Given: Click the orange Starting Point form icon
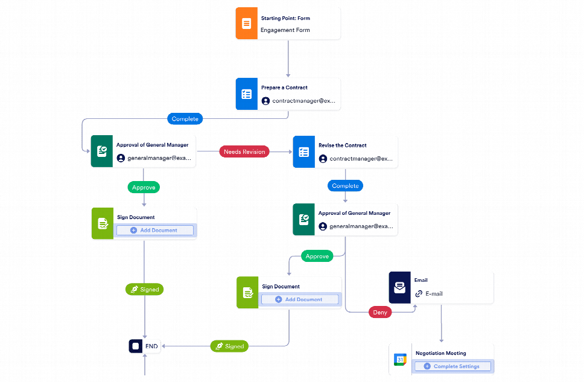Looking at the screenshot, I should [246, 24].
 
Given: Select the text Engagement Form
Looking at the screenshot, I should [285, 30].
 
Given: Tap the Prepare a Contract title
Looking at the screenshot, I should [284, 88].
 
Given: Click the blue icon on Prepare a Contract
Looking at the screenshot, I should [246, 94].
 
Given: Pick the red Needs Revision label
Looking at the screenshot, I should [244, 152].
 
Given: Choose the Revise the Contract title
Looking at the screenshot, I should [342, 145].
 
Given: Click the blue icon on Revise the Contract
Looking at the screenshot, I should [303, 152].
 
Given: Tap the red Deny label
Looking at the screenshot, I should [381, 313].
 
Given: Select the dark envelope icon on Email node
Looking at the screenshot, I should [399, 288].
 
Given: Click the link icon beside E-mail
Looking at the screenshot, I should [419, 294].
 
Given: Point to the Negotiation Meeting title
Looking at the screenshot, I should [440, 353].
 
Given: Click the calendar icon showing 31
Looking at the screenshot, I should [400, 360].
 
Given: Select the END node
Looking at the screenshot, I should [144, 346].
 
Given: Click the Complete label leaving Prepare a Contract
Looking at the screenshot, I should [185, 119].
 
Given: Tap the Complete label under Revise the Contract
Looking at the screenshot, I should [345, 186].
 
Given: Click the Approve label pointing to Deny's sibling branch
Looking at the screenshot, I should [317, 256].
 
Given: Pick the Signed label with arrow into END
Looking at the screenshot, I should [229, 346].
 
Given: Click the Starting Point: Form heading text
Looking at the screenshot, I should [285, 18].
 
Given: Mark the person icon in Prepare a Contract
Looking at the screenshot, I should [265, 101].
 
